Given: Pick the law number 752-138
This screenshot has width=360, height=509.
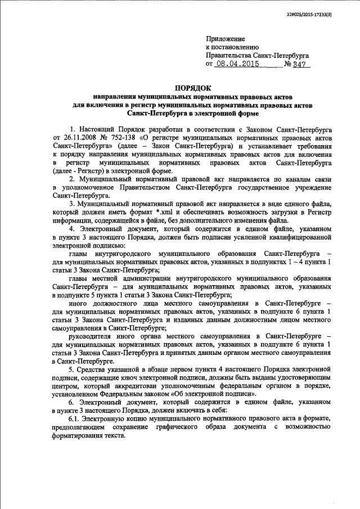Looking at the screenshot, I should tap(124, 137).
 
